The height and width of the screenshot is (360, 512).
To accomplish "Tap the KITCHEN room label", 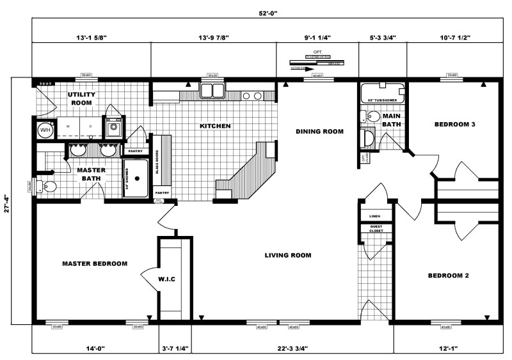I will (215, 126).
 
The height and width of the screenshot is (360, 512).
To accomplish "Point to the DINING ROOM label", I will (319, 132).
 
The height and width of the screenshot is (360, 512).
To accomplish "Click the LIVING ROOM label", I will (288, 255).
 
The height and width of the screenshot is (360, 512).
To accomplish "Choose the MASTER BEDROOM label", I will (94, 263).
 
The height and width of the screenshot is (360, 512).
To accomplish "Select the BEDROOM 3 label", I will (454, 125).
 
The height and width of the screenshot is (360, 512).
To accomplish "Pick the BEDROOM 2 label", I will (449, 276).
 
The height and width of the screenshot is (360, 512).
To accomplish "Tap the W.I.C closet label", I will (166, 279).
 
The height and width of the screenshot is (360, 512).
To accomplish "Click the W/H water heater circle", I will (45, 130).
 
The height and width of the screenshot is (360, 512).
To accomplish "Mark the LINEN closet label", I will (375, 216).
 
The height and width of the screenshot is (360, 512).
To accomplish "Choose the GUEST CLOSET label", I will (375, 229).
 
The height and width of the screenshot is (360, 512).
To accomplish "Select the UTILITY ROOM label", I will (81, 98).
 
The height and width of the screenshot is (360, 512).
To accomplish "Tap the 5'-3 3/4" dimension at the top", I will (382, 37).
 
